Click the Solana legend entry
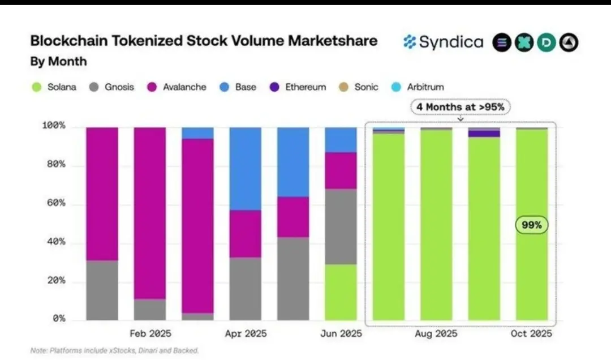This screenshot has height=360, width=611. coord(54,87)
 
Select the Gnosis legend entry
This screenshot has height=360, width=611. coord(112,87)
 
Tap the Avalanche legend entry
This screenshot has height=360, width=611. coord(177,87)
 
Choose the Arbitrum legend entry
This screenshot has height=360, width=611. coord(417,87)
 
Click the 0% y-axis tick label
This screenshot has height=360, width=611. coord(58,319)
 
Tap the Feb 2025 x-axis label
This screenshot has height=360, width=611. coord(150,333)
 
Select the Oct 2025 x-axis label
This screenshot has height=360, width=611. coord(531,333)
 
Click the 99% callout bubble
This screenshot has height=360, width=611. coord(531,225)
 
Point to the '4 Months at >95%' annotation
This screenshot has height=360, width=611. coord(460,107)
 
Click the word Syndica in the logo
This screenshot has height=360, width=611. coord(451,42)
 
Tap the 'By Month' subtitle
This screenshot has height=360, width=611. coord(58,61)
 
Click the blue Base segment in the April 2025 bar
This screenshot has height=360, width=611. coord(246,169)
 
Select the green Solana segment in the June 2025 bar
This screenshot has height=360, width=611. coord(341,292)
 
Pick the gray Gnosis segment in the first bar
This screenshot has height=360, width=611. coord(102,290)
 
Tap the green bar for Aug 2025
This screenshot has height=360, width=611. coord(436,226)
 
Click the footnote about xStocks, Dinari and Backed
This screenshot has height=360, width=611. coord(114,351)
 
